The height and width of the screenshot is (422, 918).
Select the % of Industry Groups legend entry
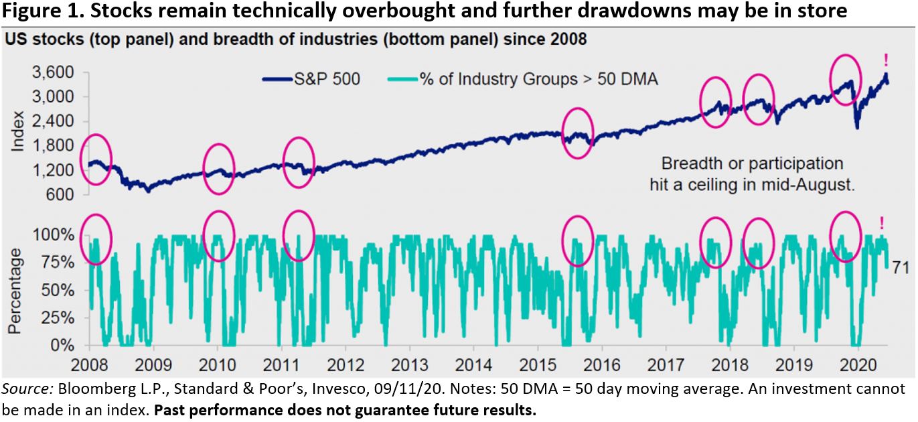point(522,80)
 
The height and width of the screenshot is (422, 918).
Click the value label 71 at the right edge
point(901,269)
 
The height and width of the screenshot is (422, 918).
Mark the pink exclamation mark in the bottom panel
point(882,224)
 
